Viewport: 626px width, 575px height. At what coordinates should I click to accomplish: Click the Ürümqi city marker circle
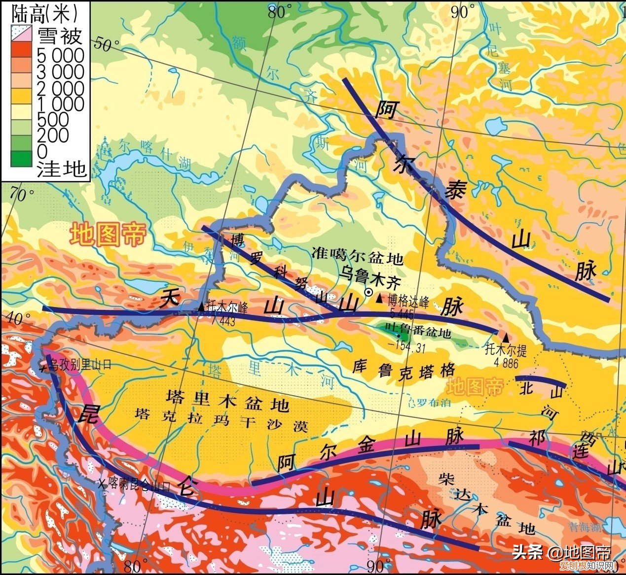click(x=368, y=292)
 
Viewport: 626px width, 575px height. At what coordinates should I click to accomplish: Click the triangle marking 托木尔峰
click(x=201, y=306)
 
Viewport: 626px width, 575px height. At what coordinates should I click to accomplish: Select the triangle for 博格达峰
click(x=379, y=298)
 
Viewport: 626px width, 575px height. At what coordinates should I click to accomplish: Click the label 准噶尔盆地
click(x=358, y=257)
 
